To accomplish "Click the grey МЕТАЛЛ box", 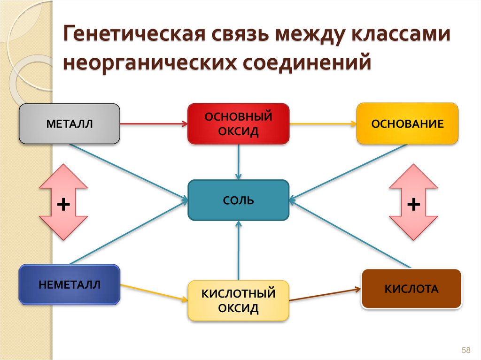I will coord(70,124).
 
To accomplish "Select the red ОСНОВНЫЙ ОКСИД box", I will coord(238,124).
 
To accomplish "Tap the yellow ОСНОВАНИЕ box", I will coord(407,124).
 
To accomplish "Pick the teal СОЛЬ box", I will coord(238,200).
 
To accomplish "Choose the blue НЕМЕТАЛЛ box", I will coord(70,284).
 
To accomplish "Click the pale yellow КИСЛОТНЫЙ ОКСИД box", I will coord(238,301).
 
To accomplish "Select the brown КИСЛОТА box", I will coord(411,289).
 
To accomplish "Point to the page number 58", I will coord(466,350).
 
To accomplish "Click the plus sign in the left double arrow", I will coord(63,204).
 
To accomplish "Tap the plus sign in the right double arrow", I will coord(413,204).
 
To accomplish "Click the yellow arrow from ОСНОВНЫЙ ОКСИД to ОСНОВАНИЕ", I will coord(323,124).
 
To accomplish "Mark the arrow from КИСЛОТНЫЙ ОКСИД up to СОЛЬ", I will coord(239,251).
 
